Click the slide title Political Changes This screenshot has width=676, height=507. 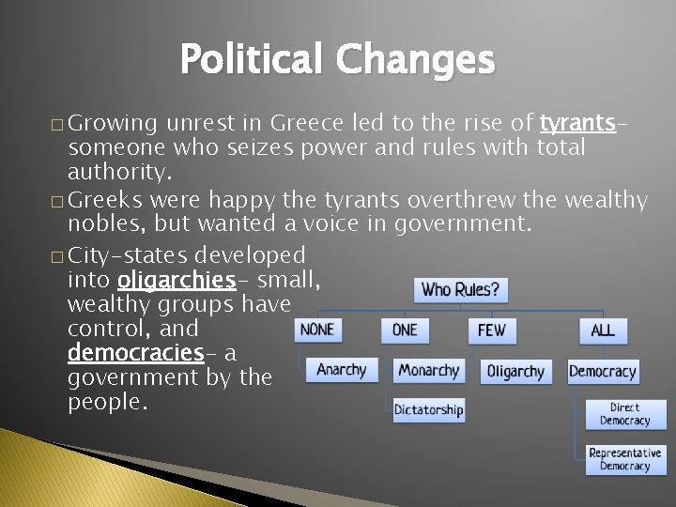click(336, 60)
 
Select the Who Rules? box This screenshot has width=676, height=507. click(460, 289)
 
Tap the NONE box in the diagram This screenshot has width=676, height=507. click(316, 330)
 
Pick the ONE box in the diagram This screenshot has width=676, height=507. click(405, 330)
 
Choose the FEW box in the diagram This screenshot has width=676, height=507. click(491, 330)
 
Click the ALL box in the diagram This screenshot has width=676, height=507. click(603, 330)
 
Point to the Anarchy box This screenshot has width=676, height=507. click(342, 370)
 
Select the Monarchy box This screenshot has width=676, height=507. click(429, 371)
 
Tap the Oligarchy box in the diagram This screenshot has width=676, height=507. click(515, 372)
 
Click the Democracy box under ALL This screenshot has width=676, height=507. click(603, 372)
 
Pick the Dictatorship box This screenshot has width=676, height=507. click(428, 409)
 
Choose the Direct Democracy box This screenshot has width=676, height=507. click(624, 414)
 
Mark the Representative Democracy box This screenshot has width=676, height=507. click(624, 459)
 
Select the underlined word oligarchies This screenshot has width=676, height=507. click(176, 280)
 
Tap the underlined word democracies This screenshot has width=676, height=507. click(135, 353)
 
